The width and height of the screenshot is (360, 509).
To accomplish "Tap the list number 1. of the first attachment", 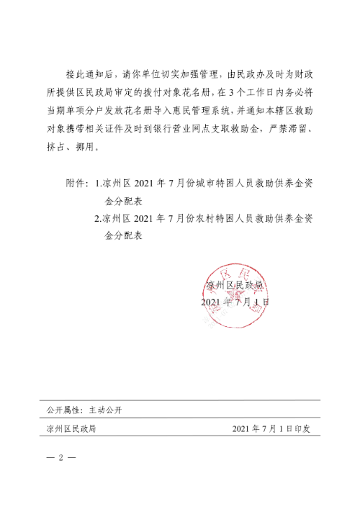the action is [x=98, y=184].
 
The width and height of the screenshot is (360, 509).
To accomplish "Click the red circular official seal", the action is [x=230, y=295].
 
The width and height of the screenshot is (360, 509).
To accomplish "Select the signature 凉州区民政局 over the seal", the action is [x=233, y=285].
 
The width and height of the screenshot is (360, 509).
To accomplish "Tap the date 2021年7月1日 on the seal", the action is [x=235, y=302].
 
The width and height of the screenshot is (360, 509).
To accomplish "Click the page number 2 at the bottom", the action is [x=61, y=457].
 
